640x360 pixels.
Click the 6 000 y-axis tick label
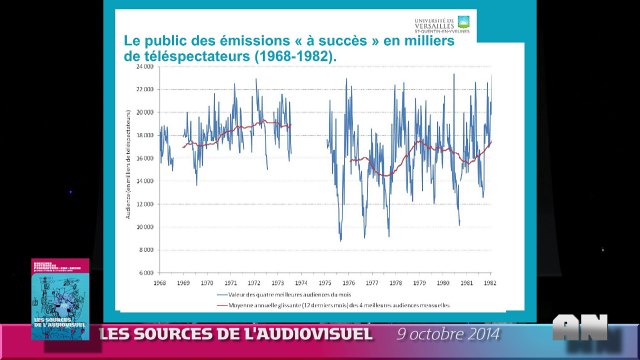pos(147,272)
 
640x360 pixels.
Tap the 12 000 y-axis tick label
pos(146,203)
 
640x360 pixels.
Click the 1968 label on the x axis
pos(159,283)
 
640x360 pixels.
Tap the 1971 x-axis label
pos(231,283)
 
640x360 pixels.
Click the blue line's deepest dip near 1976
pos(340,240)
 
